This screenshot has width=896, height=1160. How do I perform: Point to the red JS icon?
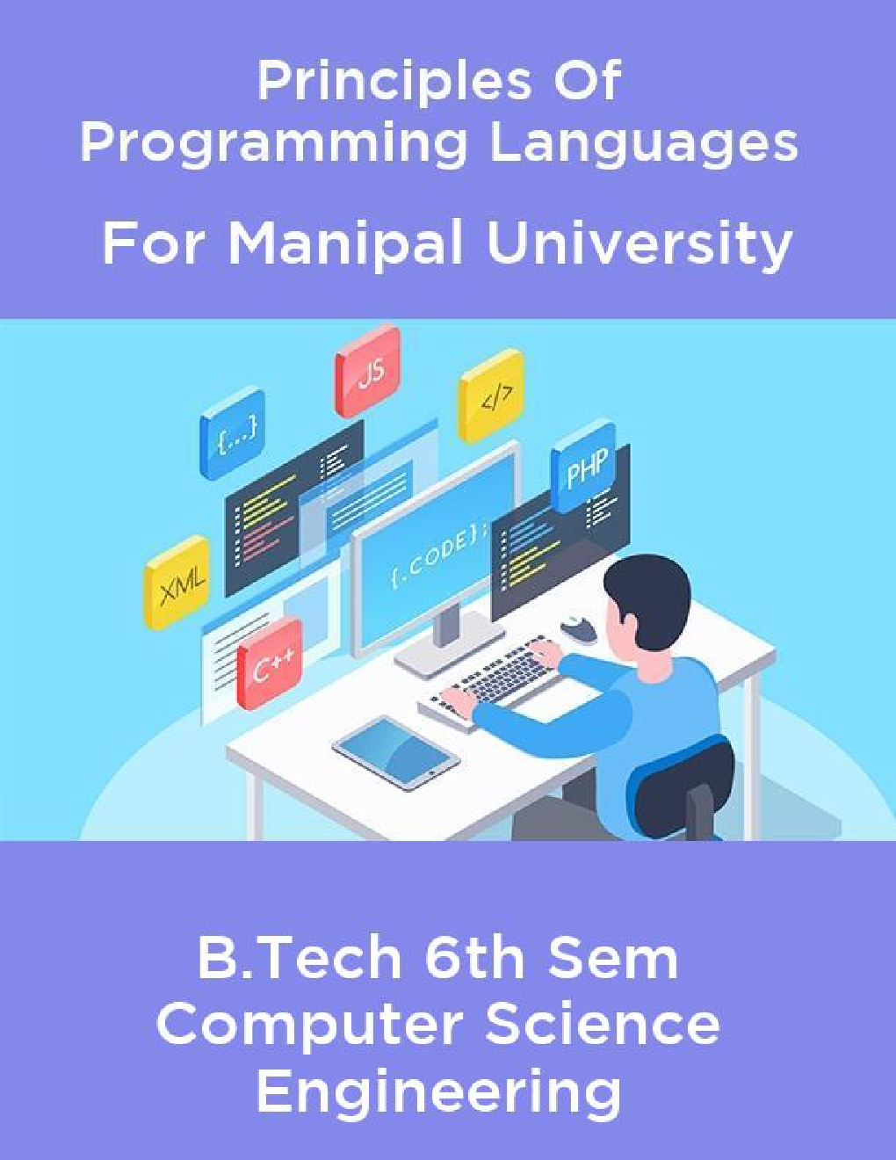[368, 373]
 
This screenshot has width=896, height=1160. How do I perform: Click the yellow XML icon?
[178, 582]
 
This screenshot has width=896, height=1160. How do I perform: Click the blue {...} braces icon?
[234, 433]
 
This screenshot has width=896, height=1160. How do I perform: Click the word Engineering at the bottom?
[437, 1092]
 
